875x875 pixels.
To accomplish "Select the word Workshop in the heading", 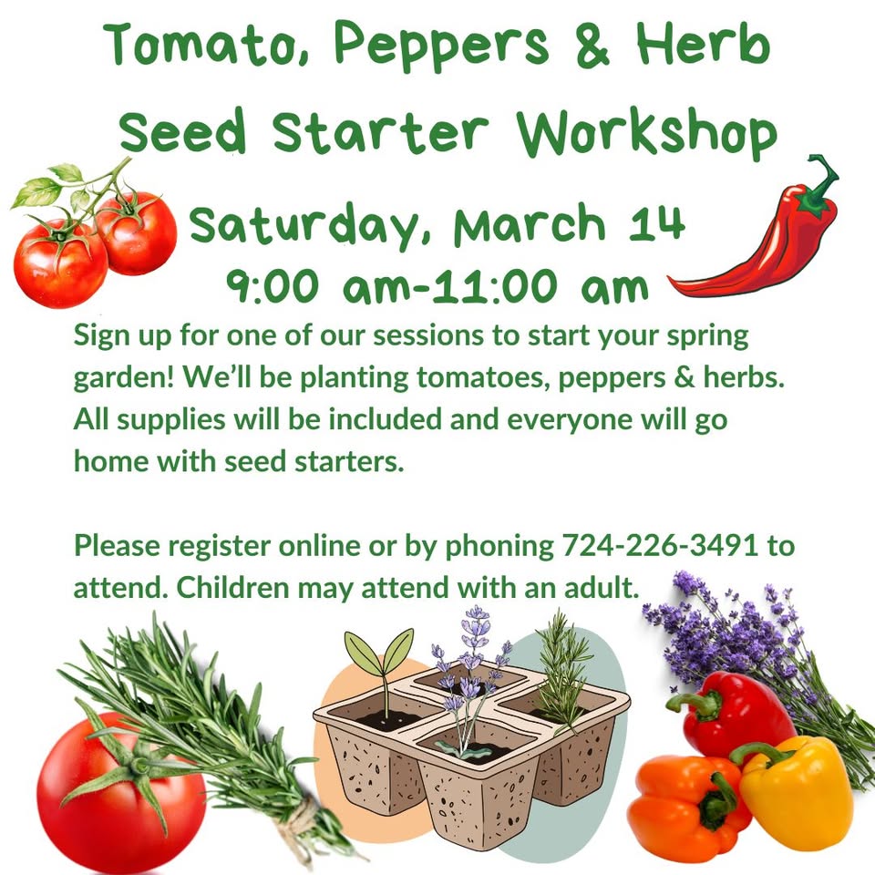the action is click(x=646, y=133).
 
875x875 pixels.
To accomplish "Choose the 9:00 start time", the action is click(x=273, y=286).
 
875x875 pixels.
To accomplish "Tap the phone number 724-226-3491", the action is click(x=660, y=545).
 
